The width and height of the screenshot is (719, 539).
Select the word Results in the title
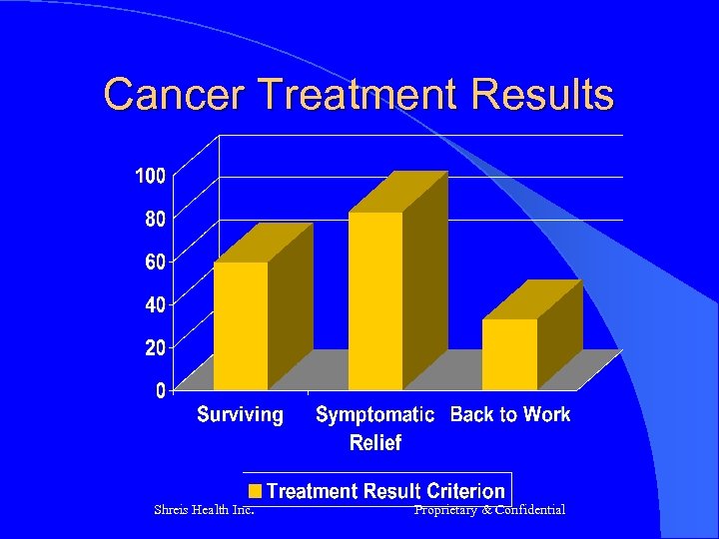(x=545, y=95)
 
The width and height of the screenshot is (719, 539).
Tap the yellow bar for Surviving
(x=241, y=325)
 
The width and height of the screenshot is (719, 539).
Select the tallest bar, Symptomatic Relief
(x=375, y=299)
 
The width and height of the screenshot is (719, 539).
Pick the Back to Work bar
(x=509, y=353)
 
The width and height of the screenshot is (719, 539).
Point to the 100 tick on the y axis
(x=150, y=176)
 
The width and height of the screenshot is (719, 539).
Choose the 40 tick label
(x=155, y=303)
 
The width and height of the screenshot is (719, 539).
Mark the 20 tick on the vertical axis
(x=155, y=347)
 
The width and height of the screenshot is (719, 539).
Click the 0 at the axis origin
(x=160, y=391)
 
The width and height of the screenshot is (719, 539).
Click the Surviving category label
(x=240, y=414)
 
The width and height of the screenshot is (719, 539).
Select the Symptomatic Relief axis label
(x=374, y=427)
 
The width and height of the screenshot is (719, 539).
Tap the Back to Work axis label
(x=510, y=414)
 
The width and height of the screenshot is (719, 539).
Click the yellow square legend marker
(x=256, y=491)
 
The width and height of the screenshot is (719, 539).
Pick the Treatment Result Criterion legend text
(x=385, y=491)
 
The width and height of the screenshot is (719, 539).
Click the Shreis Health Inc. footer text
(x=203, y=510)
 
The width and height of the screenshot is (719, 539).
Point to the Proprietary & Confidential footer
(x=489, y=510)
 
